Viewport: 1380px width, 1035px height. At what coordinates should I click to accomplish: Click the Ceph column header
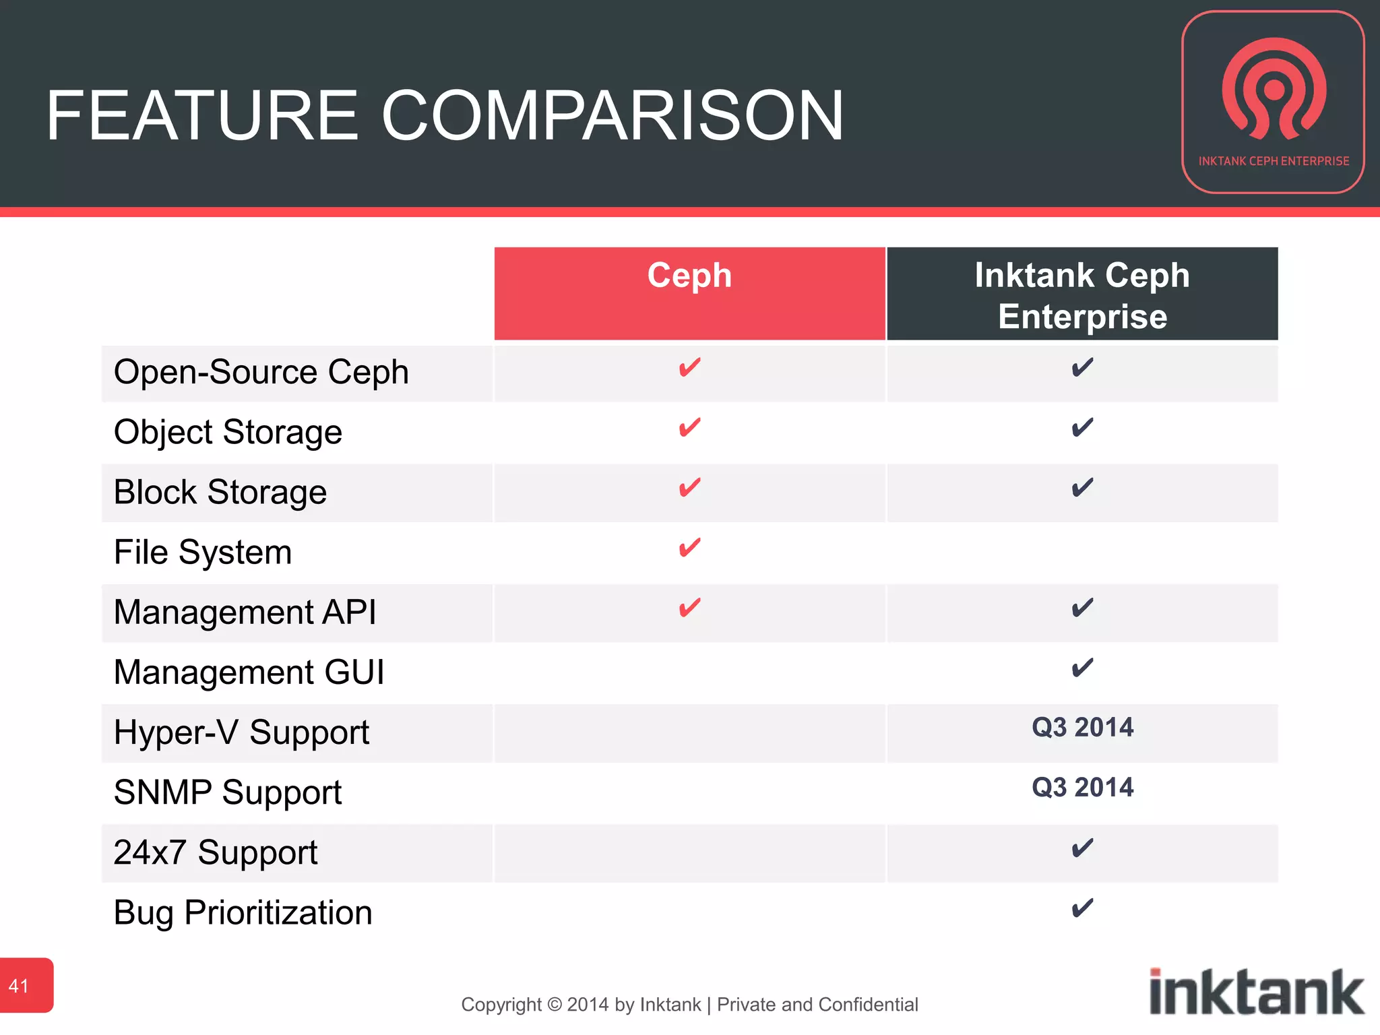click(689, 276)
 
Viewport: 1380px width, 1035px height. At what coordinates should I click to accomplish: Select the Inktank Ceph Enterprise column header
click(1082, 295)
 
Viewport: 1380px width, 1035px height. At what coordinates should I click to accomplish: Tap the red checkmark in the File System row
click(689, 547)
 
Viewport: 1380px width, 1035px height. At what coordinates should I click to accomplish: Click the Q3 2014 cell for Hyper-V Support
click(1082, 728)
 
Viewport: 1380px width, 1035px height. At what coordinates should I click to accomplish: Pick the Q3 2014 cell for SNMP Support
click(1082, 788)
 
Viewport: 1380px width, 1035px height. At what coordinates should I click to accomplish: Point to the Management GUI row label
click(249, 672)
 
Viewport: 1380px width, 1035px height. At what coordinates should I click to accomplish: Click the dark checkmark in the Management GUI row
click(1082, 668)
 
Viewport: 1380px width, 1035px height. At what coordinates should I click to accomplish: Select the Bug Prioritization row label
click(243, 913)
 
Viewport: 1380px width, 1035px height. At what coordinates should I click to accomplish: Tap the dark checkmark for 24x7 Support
click(1082, 848)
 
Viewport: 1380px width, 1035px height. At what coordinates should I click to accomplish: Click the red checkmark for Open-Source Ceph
click(689, 367)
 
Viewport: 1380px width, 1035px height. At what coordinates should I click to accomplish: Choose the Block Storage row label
click(220, 492)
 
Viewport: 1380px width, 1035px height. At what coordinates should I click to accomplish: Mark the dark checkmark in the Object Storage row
click(1082, 427)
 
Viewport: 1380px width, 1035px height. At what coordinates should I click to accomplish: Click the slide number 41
click(19, 986)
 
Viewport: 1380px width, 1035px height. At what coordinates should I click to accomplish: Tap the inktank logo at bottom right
click(1256, 992)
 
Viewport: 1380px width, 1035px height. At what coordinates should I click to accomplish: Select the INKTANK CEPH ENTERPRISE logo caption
click(1274, 161)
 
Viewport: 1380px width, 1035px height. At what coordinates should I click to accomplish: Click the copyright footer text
click(689, 1005)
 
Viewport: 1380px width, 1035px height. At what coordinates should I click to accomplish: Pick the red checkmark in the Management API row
click(689, 607)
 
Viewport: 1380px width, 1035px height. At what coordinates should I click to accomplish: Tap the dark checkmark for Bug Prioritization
click(1082, 908)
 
